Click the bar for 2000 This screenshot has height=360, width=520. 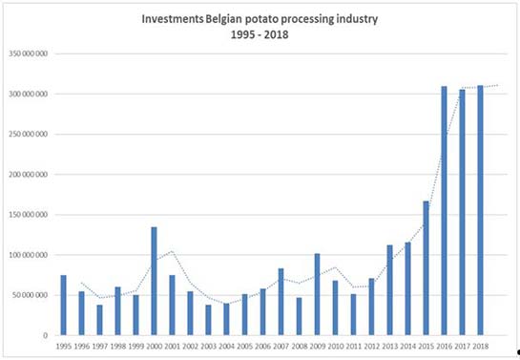pos(154,281)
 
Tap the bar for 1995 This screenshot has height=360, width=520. pos(63,305)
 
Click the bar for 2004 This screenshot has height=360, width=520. pos(226,319)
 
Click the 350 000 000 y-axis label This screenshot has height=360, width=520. pos(30,53)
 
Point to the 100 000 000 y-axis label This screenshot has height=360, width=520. pos(30,255)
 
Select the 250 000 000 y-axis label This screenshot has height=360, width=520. pos(30,135)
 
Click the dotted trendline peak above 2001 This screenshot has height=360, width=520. pos(172,251)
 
